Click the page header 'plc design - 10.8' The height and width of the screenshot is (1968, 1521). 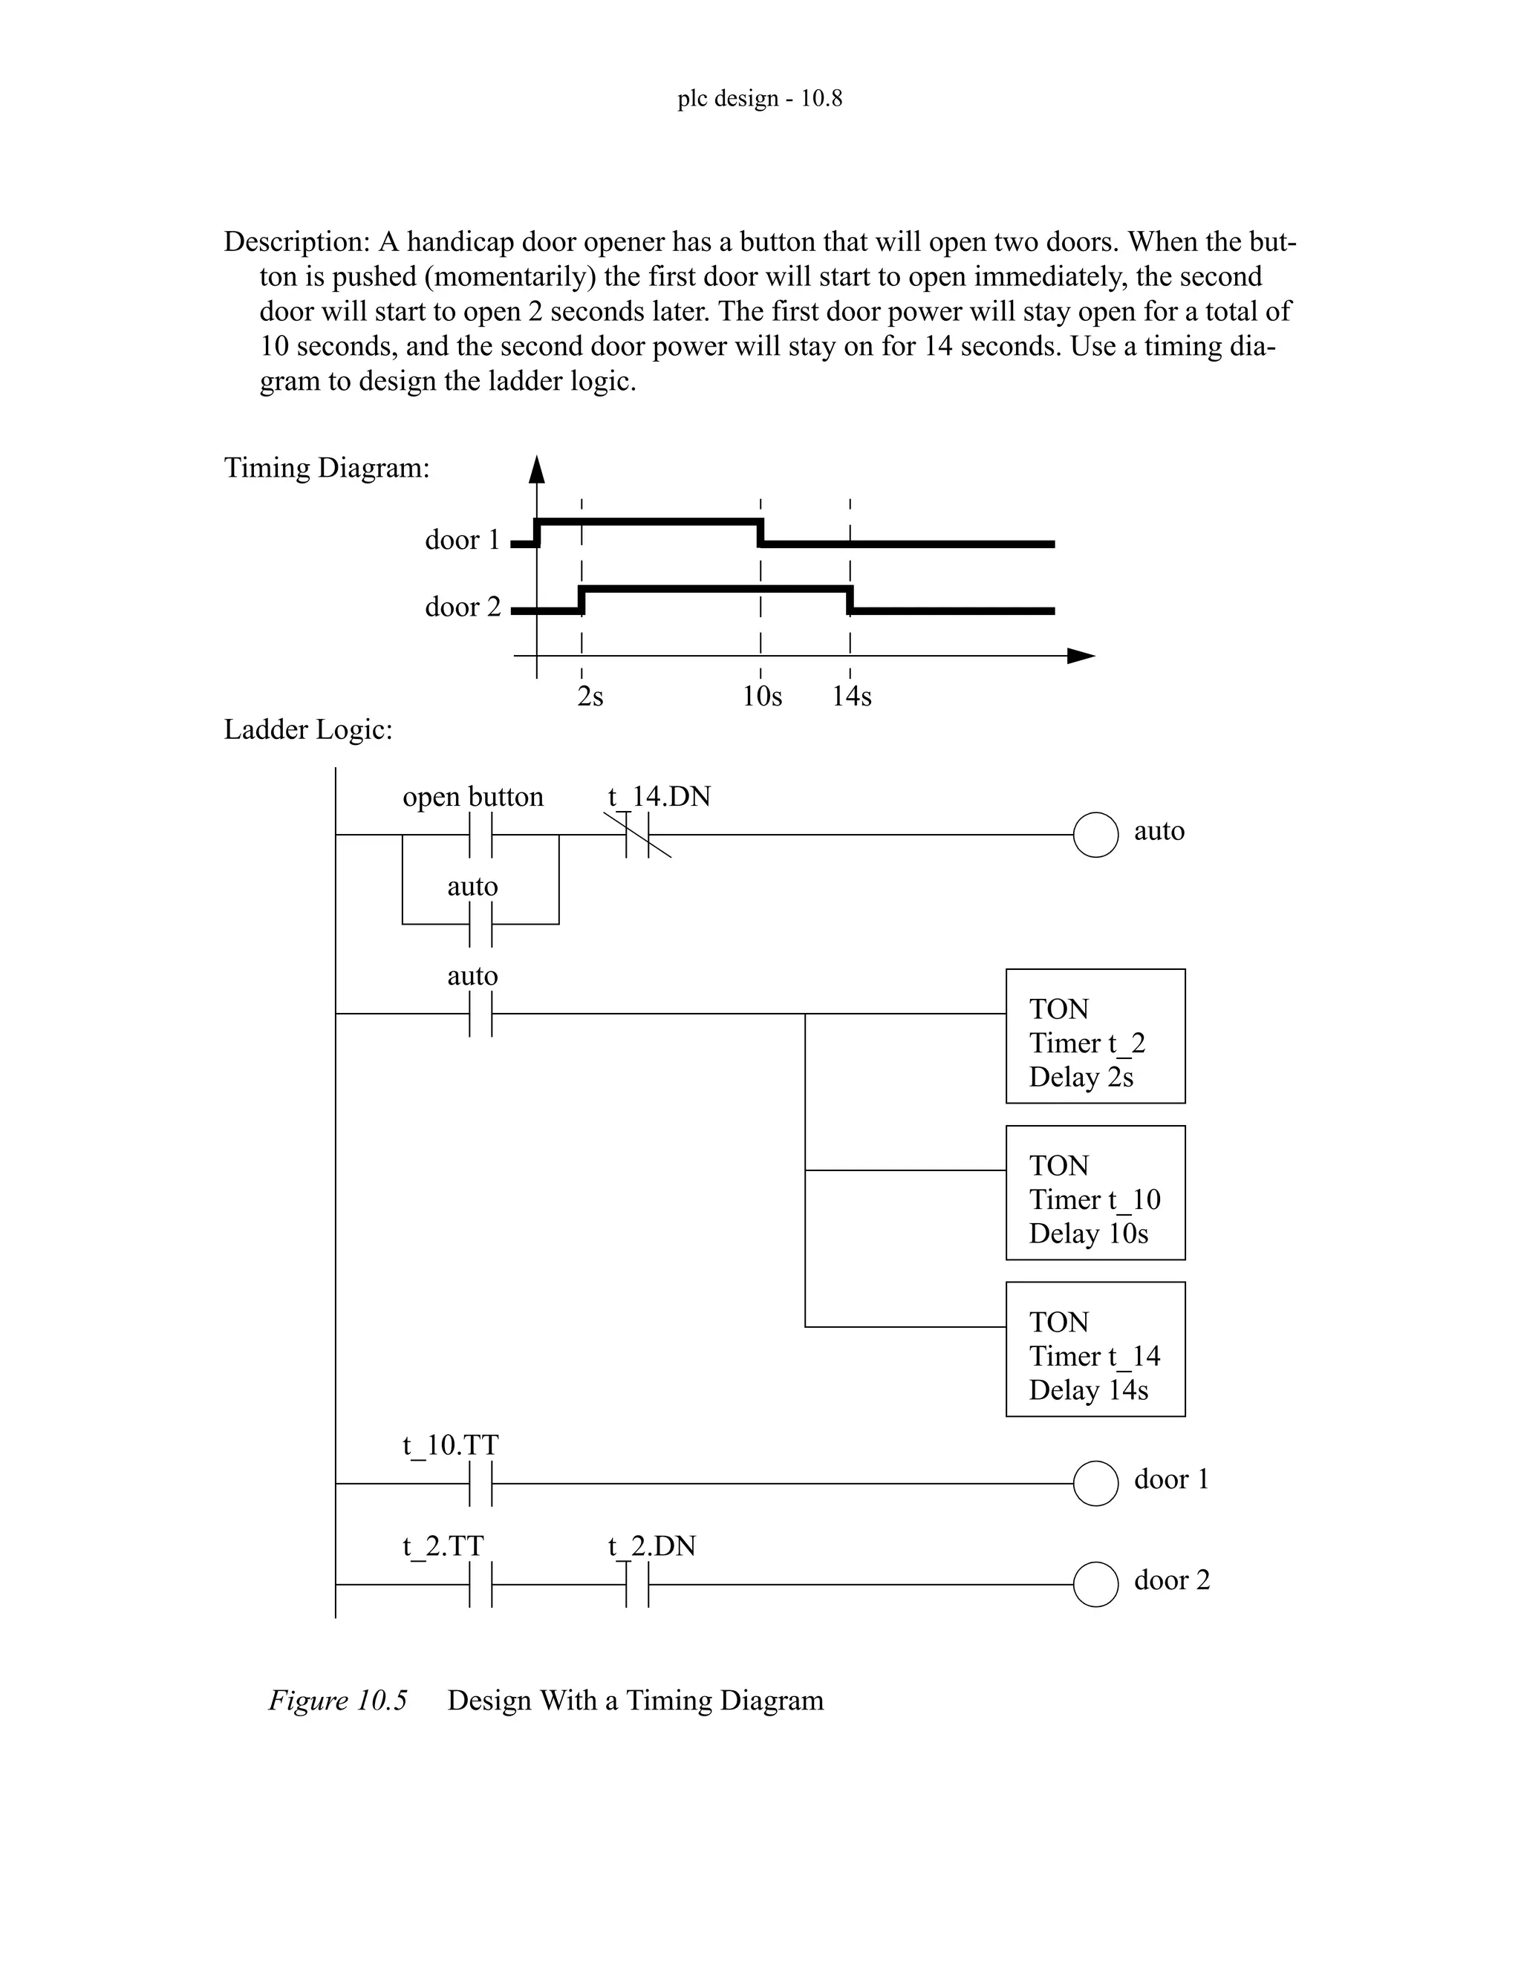[x=760, y=97]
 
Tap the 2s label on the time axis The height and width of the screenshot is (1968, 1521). [x=590, y=696]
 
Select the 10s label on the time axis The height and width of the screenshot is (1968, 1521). [x=762, y=696]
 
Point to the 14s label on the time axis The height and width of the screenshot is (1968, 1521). [x=852, y=696]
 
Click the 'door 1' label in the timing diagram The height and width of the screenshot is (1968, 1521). [x=462, y=540]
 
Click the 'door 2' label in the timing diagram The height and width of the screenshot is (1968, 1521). [x=462, y=607]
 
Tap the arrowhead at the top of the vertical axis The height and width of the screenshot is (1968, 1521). [x=537, y=469]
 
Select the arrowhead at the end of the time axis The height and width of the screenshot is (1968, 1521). [x=1081, y=656]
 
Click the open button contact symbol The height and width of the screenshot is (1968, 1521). [x=481, y=835]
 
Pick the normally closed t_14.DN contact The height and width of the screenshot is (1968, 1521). [x=638, y=835]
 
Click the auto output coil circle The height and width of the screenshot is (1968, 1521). [x=1095, y=835]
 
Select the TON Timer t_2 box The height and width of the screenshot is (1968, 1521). [x=1095, y=1036]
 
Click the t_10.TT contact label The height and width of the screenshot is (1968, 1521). [x=449, y=1444]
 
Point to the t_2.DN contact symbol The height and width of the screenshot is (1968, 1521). [x=638, y=1585]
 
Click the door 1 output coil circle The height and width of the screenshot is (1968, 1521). [x=1095, y=1483]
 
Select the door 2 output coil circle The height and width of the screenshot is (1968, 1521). [x=1095, y=1585]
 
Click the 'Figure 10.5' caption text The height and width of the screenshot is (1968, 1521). [x=338, y=1701]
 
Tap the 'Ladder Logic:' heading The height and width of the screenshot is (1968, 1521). [x=308, y=729]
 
